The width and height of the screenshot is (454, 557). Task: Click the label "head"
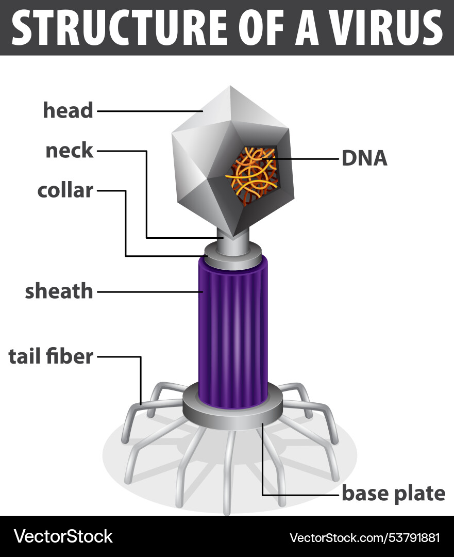(68, 110)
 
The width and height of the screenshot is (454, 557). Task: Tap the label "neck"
(69, 151)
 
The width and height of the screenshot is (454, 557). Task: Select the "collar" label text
(65, 190)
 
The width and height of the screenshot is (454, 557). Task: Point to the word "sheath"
(59, 291)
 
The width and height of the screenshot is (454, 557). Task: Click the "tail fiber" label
(51, 356)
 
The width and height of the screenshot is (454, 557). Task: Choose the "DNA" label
(364, 158)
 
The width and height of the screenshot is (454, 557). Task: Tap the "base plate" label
(393, 494)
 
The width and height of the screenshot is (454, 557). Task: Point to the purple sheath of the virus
(233, 330)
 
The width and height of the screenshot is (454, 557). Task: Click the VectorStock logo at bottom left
(63, 536)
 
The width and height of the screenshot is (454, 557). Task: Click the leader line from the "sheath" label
(149, 292)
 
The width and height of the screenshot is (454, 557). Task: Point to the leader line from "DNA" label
(304, 159)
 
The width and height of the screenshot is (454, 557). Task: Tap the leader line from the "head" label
(149, 110)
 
